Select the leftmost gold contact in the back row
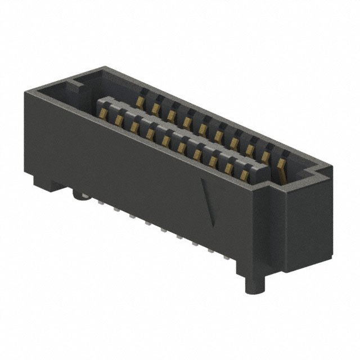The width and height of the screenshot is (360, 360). pos(139,101)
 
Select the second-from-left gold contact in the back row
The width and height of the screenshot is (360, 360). pos(155,107)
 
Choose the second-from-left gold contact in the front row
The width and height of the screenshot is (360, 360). pos(119,120)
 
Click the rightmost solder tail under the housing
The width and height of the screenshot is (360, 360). pos(230,259)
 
